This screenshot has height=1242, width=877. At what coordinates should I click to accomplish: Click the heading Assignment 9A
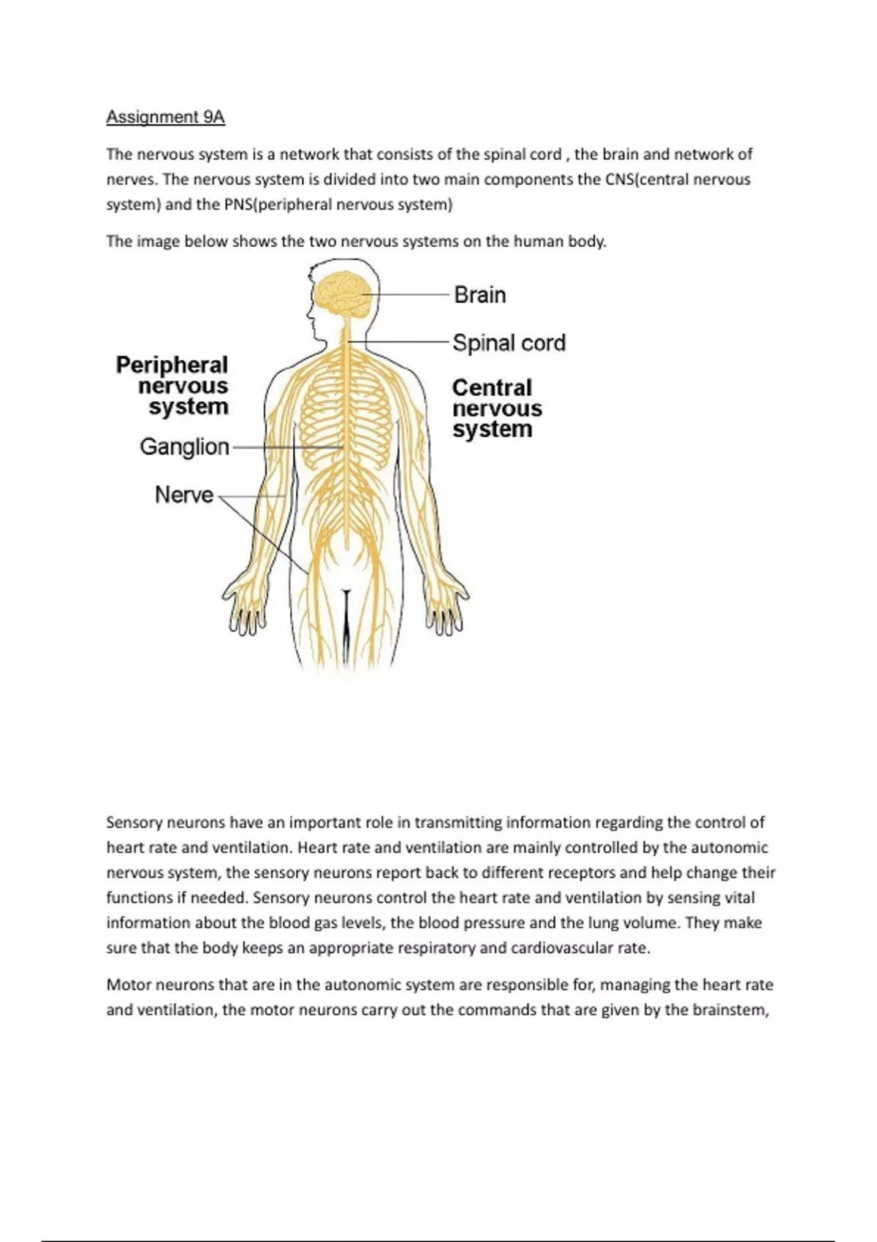click(x=165, y=117)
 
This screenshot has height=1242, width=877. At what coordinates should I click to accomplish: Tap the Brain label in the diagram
click(x=479, y=295)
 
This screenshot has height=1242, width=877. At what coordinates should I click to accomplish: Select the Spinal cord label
click(x=509, y=343)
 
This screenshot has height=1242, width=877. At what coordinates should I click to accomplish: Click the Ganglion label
click(x=184, y=446)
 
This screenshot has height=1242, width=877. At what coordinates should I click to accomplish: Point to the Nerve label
click(x=183, y=495)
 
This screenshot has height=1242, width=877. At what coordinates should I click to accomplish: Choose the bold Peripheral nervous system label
click(x=172, y=385)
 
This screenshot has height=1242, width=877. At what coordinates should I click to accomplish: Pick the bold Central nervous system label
click(x=496, y=408)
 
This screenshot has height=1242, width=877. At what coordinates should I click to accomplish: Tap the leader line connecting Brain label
click(x=409, y=295)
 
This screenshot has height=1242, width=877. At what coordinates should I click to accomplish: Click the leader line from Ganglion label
click(x=285, y=447)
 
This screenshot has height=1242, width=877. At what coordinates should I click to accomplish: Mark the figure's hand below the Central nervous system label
click(x=446, y=606)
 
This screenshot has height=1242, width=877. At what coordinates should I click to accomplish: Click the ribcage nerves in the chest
click(x=343, y=409)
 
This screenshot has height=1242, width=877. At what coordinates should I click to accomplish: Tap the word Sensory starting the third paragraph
click(x=134, y=823)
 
